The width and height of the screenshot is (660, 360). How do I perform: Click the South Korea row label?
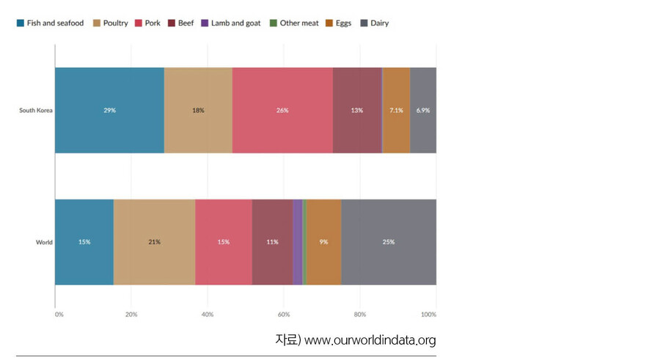[36, 111]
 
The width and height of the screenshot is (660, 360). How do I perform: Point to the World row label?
[44, 242]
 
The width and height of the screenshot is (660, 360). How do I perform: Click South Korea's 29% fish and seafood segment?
[109, 111]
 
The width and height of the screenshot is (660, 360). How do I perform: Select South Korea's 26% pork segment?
[282, 111]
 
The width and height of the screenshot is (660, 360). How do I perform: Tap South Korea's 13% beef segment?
[357, 111]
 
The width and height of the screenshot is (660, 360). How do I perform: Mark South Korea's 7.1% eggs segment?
[396, 111]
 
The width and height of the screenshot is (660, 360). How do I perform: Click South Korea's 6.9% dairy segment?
[423, 111]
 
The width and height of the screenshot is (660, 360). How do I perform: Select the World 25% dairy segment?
[389, 242]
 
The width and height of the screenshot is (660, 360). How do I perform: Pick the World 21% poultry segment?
[154, 242]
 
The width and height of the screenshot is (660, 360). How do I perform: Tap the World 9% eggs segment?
[323, 242]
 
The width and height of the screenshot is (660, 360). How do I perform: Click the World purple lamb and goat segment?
[297, 242]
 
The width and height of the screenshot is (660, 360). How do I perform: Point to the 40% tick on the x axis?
[208, 315]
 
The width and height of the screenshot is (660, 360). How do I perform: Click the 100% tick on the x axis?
[428, 315]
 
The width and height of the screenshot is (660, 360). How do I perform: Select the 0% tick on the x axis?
[59, 315]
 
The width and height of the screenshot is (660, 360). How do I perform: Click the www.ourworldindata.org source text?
[370, 340]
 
